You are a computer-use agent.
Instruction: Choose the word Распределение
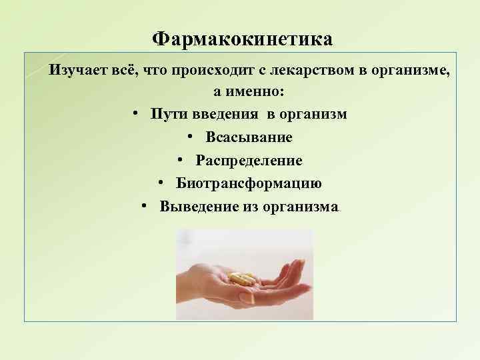point(249,161)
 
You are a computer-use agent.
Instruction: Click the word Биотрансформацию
point(249,183)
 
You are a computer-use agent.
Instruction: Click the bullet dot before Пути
point(135,114)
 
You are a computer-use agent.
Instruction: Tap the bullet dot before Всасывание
point(191,137)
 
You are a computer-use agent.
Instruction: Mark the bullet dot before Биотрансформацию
point(162,183)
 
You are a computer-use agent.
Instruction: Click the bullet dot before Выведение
point(145,206)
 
